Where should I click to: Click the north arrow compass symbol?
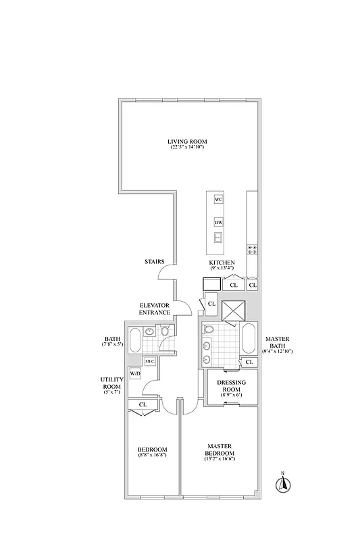coord(284,483)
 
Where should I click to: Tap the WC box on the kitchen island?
coord(218,200)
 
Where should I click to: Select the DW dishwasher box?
coord(218,222)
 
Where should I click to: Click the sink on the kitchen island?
coord(218,237)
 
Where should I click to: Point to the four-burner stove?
coord(252,248)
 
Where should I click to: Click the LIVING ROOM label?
coord(187,141)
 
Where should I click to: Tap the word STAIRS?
coord(155,261)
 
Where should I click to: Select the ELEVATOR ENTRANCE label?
coord(154,309)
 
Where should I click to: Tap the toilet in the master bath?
coord(209,331)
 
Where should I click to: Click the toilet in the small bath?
coord(164,331)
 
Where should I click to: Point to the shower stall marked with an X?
coord(233,310)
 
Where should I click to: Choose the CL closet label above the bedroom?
coord(143,404)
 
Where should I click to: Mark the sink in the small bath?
coord(148,332)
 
